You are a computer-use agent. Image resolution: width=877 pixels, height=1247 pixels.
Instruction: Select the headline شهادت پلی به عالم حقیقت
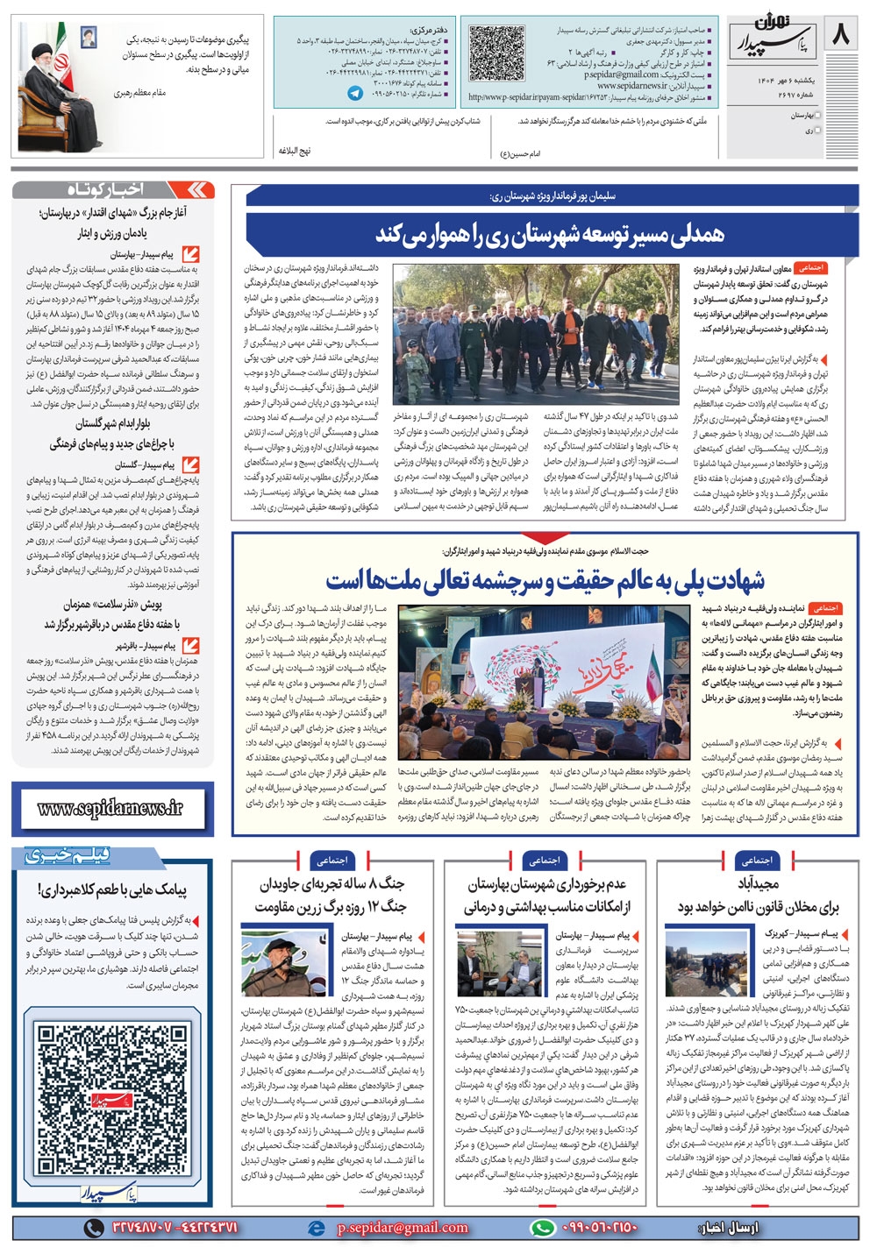(x=545, y=579)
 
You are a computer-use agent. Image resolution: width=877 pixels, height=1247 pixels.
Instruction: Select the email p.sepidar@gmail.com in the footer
(x=402, y=1228)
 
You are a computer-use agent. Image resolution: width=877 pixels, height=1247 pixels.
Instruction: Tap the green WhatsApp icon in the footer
(x=543, y=1228)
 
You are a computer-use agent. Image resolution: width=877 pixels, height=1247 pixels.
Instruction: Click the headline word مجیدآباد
(x=759, y=883)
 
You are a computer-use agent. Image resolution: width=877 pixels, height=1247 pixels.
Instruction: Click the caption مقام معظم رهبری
(x=139, y=92)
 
